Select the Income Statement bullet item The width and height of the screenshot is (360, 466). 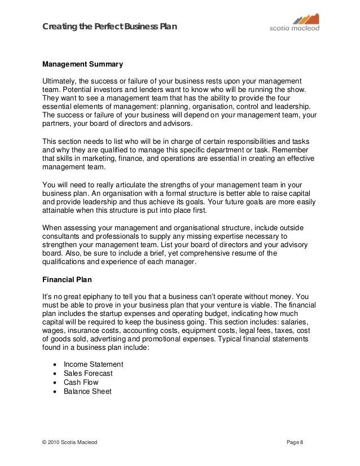94,364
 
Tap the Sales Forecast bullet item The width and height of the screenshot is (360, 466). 89,373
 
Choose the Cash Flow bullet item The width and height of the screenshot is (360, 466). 81,382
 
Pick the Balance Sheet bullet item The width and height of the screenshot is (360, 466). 87,391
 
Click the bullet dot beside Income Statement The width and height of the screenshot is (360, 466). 54,364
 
